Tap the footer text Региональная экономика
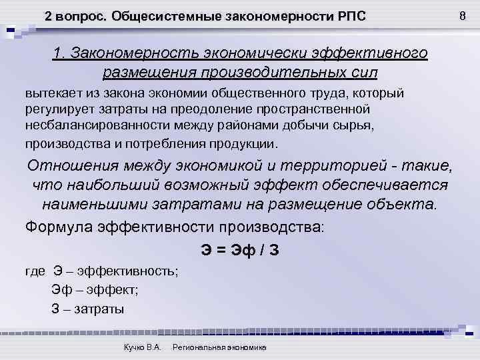tap(219, 349)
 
